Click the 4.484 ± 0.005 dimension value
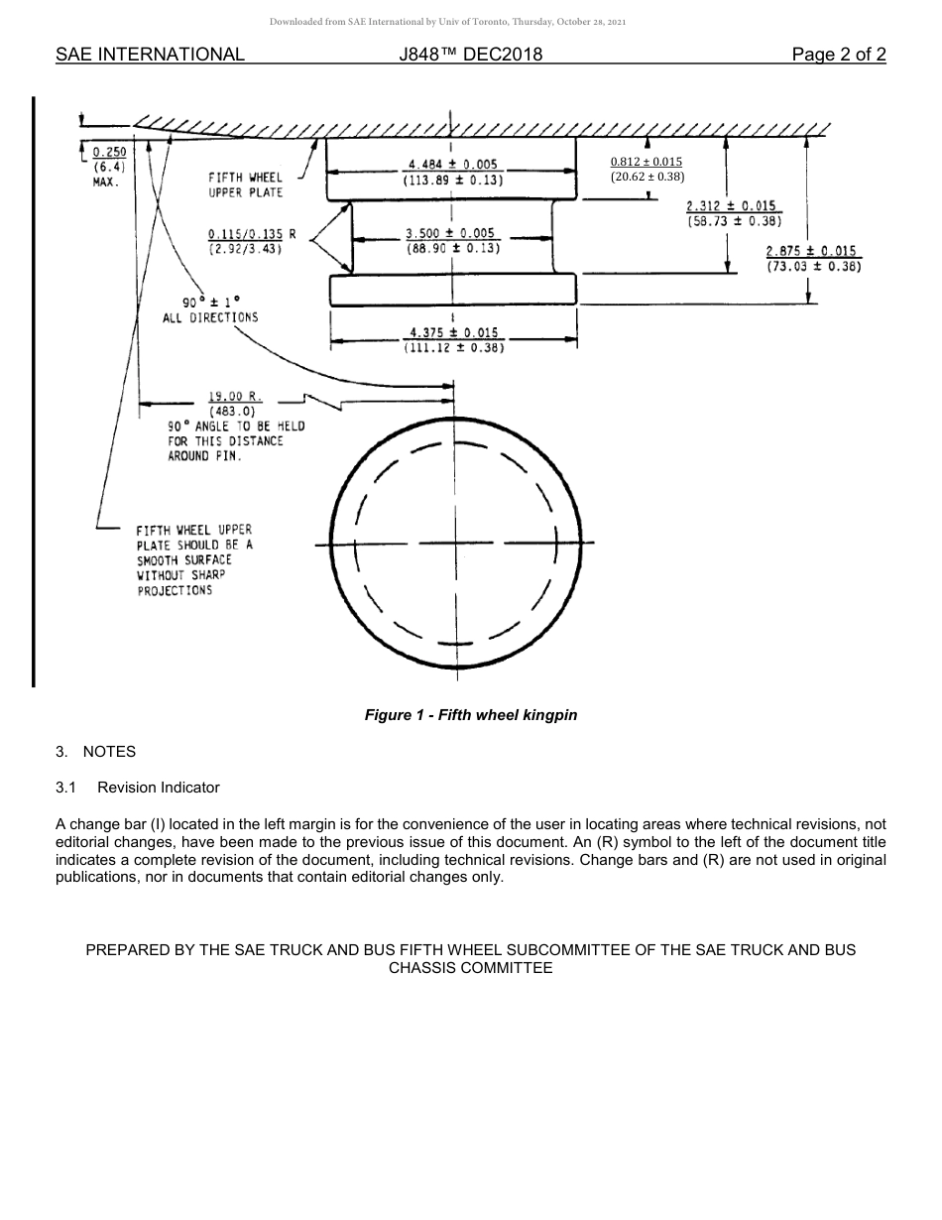click(453, 164)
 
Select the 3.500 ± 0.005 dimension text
click(450, 233)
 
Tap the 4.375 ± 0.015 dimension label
click(453, 332)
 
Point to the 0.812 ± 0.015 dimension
click(647, 162)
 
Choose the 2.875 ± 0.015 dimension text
click(811, 251)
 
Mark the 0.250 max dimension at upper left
click(108, 152)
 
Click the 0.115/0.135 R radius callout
click(252, 234)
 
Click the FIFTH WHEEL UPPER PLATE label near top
click(245, 184)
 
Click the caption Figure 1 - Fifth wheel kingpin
click(471, 714)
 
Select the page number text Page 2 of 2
click(838, 55)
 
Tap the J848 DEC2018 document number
click(469, 55)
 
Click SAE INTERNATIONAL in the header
click(150, 55)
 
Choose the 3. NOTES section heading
click(96, 752)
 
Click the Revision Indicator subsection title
click(158, 788)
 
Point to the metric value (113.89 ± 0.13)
click(453, 181)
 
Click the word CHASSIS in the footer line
click(422, 967)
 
